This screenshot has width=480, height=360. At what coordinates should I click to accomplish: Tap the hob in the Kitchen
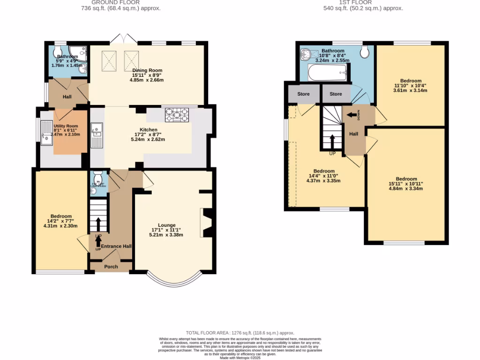(177, 115)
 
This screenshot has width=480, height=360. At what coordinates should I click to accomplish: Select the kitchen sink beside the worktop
(97, 135)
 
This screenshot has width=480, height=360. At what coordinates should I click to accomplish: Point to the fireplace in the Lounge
(206, 224)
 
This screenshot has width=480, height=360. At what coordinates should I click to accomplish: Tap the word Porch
(111, 267)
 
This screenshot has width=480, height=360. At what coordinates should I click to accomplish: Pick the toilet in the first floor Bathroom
(365, 52)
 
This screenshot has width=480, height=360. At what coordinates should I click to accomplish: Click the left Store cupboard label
(303, 94)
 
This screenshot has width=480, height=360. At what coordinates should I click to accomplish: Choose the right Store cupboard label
(336, 94)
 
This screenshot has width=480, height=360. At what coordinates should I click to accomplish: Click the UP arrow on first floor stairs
(332, 140)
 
